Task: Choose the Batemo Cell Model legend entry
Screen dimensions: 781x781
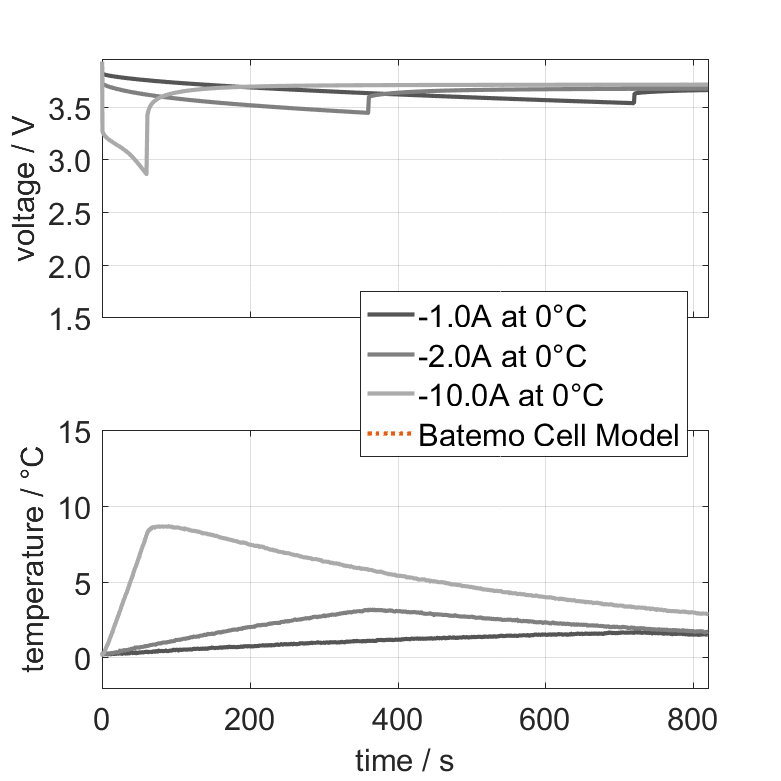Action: click(550, 436)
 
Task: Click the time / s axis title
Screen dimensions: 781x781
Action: click(404, 761)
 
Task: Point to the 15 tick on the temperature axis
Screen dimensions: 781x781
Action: click(77, 432)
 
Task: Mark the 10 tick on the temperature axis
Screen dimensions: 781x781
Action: click(77, 507)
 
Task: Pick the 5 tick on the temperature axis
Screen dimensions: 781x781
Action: click(84, 582)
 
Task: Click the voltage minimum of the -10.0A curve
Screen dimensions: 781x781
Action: click(146, 174)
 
